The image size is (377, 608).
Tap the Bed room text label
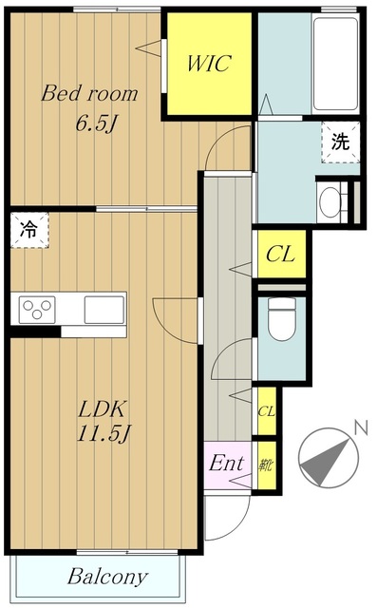pyautogui.click(x=88, y=94)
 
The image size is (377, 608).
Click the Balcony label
pyautogui.click(x=106, y=577)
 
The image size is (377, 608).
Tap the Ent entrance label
pyautogui.click(x=227, y=465)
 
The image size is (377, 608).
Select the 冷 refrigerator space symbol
pyautogui.click(x=29, y=229)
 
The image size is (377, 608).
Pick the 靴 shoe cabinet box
pyautogui.click(x=267, y=465)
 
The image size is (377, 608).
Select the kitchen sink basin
pyautogui.click(x=103, y=310)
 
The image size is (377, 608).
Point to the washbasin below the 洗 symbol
pyautogui.click(x=332, y=202)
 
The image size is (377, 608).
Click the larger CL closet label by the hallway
pyautogui.click(x=279, y=254)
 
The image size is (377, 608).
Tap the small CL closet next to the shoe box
pyautogui.click(x=267, y=411)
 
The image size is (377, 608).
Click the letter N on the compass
pyautogui.click(x=359, y=428)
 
